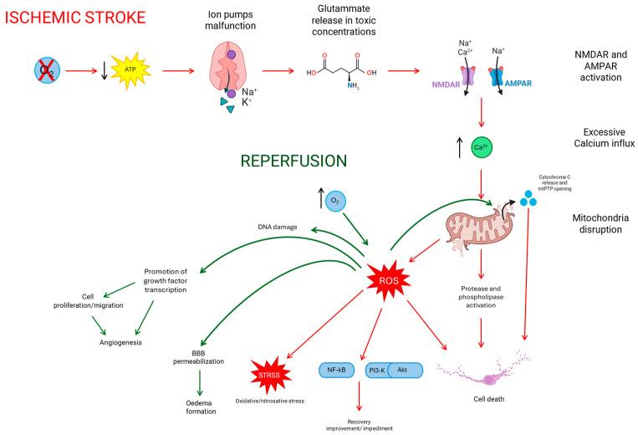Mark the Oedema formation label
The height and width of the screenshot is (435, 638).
pos(201,406)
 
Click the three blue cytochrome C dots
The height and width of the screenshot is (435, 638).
pos(528,199)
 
